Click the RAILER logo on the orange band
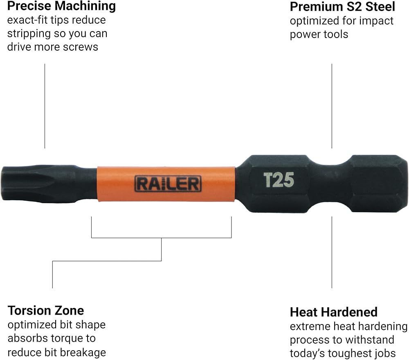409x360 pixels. tap(168, 184)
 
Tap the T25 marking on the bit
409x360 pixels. tap(279, 180)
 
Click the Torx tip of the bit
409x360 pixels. tap(39, 183)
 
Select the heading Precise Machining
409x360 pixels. tap(62, 6)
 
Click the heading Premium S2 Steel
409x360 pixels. tap(342, 7)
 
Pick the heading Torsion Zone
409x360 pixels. tap(46, 311)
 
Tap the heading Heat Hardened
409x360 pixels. tap(334, 312)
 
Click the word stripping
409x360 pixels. tap(29, 34)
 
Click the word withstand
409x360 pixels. tap(372, 340)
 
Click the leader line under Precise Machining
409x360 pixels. tap(45, 106)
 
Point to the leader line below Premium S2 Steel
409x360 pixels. tap(332, 106)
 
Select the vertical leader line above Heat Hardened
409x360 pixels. tap(332, 253)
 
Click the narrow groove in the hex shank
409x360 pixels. tap(330, 183)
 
